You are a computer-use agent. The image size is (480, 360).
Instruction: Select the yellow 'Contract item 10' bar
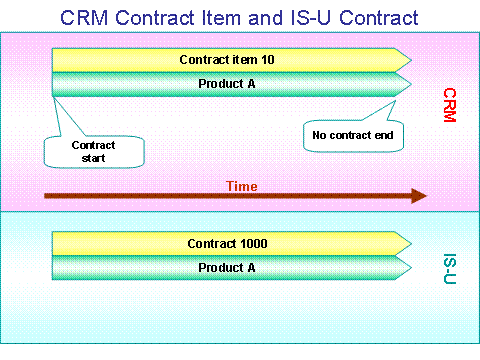[229, 60]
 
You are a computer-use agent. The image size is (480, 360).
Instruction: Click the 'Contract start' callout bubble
[93, 150]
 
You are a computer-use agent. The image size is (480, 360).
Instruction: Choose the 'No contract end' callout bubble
[353, 133]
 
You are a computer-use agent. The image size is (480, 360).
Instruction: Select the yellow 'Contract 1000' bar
[229, 243]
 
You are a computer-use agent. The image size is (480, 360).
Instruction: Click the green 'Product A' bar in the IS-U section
[229, 267]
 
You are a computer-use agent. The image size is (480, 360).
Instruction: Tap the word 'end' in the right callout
[384, 133]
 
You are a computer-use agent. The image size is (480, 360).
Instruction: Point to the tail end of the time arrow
[48, 196]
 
